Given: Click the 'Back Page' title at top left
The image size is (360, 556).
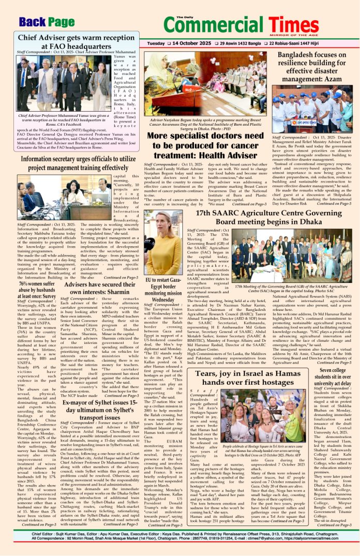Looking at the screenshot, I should pos(46,22).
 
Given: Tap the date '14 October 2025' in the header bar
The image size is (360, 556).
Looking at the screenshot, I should pos(178,44).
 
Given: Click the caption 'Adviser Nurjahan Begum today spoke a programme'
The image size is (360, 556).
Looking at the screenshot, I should pos(206,124).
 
